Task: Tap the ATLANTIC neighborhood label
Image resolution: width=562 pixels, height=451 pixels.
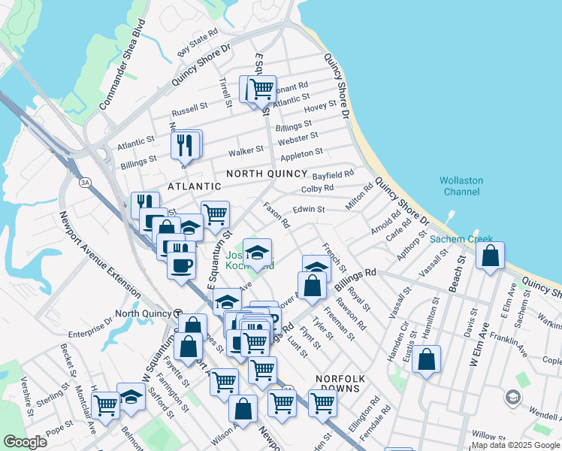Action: click(x=195, y=186)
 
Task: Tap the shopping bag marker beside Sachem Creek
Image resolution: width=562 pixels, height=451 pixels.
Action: click(x=490, y=256)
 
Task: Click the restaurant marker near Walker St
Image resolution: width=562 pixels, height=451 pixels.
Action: click(x=186, y=143)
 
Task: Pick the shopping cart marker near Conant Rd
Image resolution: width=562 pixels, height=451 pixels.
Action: click(x=261, y=88)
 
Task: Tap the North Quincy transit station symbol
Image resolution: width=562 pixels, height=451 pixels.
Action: click(x=178, y=313)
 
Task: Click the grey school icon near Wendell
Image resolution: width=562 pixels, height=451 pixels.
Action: click(x=512, y=396)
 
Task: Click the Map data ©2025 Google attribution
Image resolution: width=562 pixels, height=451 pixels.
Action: click(x=515, y=445)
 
